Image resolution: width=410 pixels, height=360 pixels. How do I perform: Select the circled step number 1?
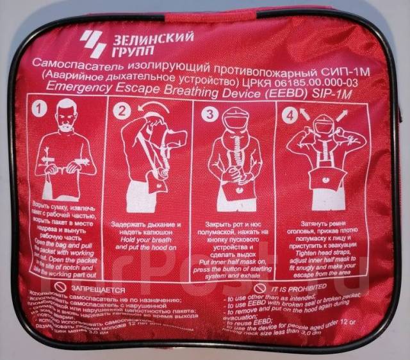[x=42, y=111]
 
